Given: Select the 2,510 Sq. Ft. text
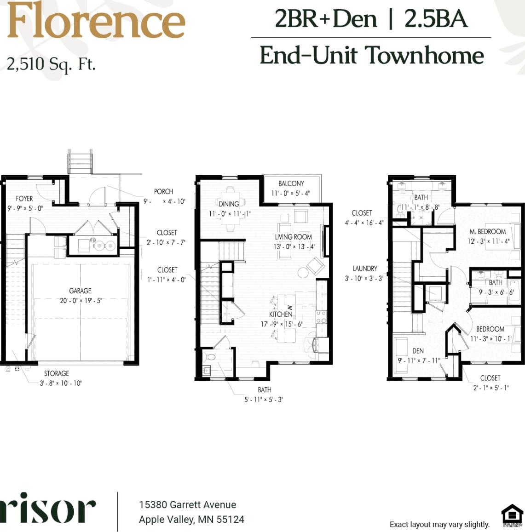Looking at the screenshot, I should (51, 64).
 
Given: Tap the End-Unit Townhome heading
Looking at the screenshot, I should (371, 56).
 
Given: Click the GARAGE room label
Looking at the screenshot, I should (80, 291).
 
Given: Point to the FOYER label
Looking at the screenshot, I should (24, 199).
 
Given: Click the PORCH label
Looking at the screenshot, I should (163, 191).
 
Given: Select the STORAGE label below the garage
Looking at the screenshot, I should (57, 373).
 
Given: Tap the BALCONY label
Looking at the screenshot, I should (291, 183).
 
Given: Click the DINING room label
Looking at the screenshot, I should (229, 204).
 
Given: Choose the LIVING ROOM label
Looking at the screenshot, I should (294, 237).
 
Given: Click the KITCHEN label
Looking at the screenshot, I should (281, 314).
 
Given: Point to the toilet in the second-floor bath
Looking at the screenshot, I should (211, 357).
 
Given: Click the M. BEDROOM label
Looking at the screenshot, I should (488, 231).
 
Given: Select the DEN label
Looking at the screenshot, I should (418, 350).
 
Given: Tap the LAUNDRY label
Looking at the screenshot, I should (365, 269).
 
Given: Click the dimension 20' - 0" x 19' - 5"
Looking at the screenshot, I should (80, 301).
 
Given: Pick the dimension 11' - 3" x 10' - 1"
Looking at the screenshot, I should (491, 339).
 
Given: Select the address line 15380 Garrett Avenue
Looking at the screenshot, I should (188, 504).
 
